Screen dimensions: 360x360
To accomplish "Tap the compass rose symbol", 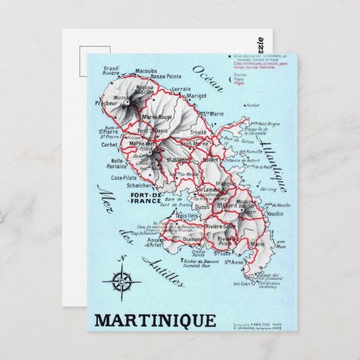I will click(x=122, y=281).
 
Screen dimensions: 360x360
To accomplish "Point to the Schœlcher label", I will click(x=131, y=185).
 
